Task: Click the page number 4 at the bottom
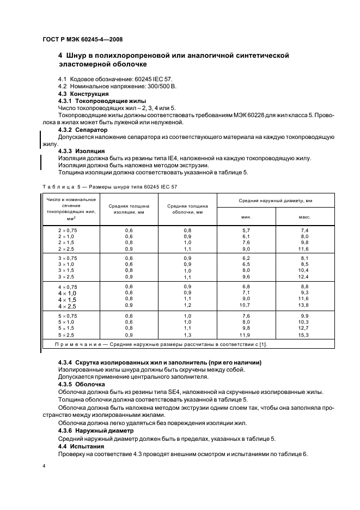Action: (44, 465)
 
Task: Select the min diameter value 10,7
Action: (246, 306)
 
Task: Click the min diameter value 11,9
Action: (246, 335)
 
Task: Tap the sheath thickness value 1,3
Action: (187, 335)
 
